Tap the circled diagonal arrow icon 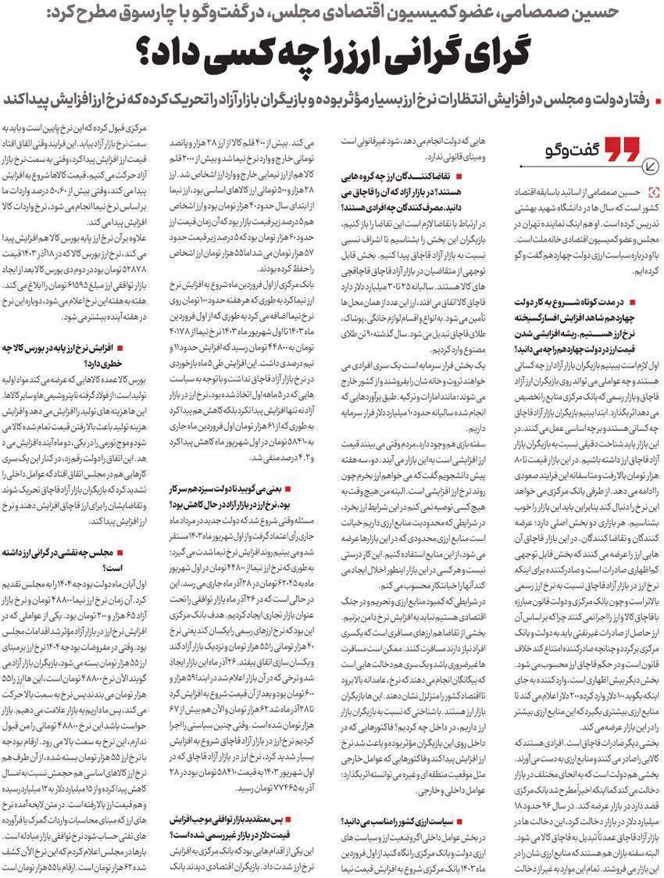[x=650, y=164]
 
